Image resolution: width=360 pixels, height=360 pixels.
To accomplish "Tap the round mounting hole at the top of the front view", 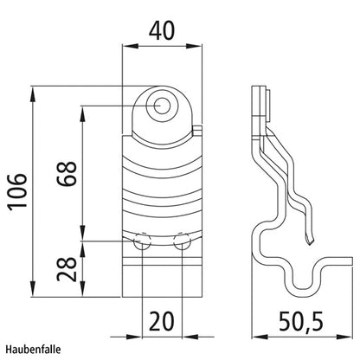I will point(161,106).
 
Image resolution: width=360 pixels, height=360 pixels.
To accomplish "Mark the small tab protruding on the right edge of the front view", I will point(200,132).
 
